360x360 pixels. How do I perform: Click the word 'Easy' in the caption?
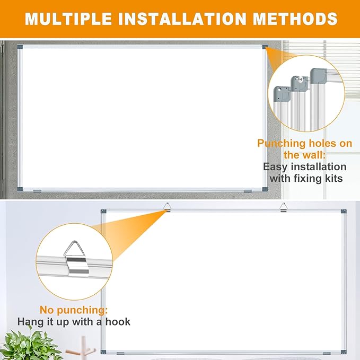276,166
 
